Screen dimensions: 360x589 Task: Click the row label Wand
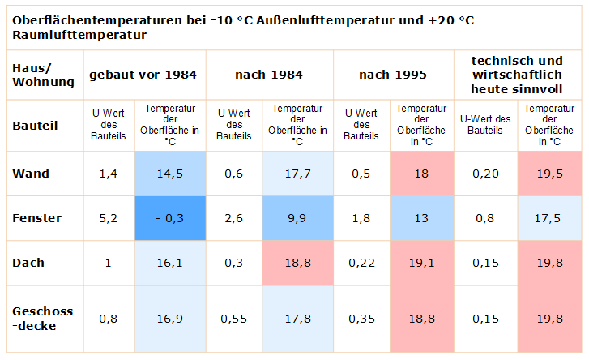point(31,174)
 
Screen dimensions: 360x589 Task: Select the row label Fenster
point(36,218)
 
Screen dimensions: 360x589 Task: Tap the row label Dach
point(29,263)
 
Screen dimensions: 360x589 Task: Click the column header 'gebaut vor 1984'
point(143,75)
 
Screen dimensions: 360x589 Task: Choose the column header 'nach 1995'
point(393,75)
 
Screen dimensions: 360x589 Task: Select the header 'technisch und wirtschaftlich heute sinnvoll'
point(517,74)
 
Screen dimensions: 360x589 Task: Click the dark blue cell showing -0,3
point(171,218)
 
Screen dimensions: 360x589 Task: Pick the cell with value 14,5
point(171,174)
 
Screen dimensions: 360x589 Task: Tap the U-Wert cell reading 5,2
point(108,218)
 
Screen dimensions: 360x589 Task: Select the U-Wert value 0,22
point(361,263)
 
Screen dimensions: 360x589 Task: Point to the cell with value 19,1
point(421,263)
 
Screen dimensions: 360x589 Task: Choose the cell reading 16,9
point(171,319)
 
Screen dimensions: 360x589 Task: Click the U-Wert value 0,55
point(235,319)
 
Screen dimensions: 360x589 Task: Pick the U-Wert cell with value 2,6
point(235,218)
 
